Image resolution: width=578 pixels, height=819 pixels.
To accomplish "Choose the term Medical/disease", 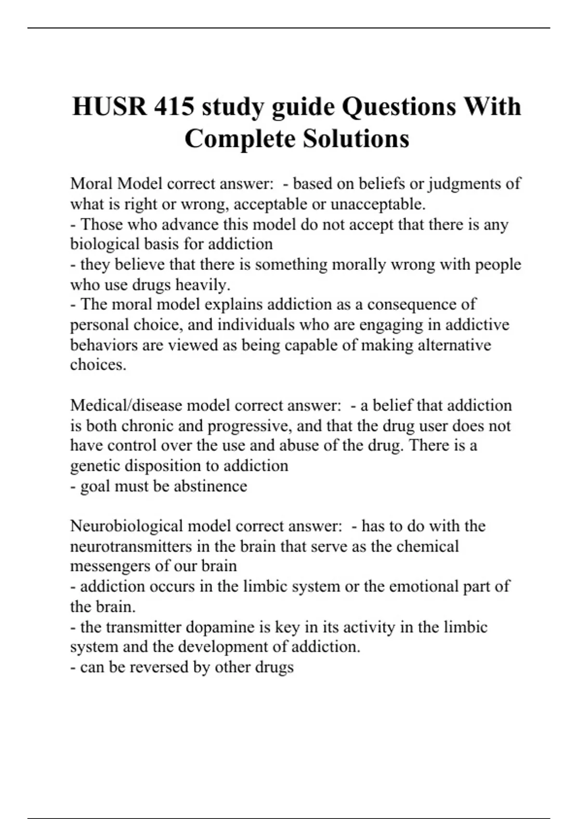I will (126, 405).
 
